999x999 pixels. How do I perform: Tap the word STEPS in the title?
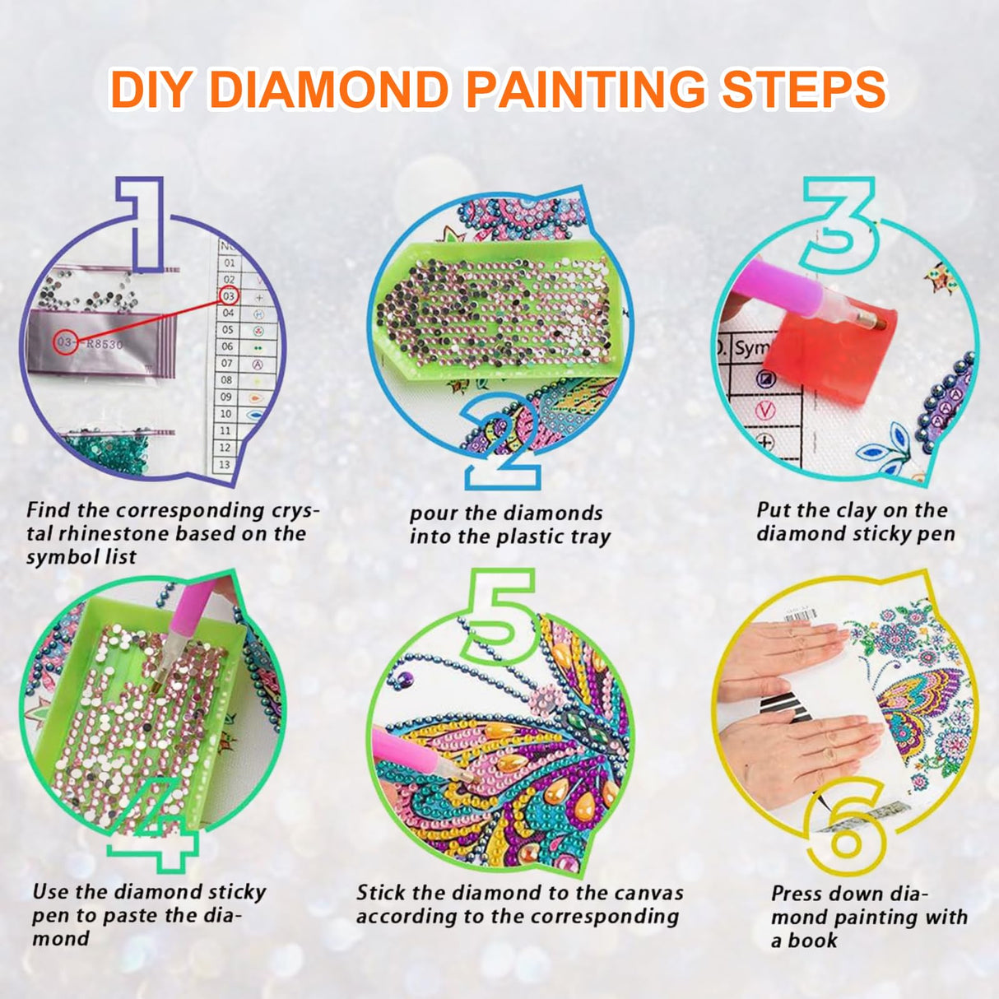(x=803, y=90)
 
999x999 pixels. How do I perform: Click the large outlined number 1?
(x=142, y=222)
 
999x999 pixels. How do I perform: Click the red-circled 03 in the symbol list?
(x=229, y=296)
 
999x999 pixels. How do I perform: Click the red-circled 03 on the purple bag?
(x=66, y=343)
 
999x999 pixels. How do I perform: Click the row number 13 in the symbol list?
(x=225, y=465)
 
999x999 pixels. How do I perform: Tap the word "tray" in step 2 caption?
(x=590, y=537)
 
